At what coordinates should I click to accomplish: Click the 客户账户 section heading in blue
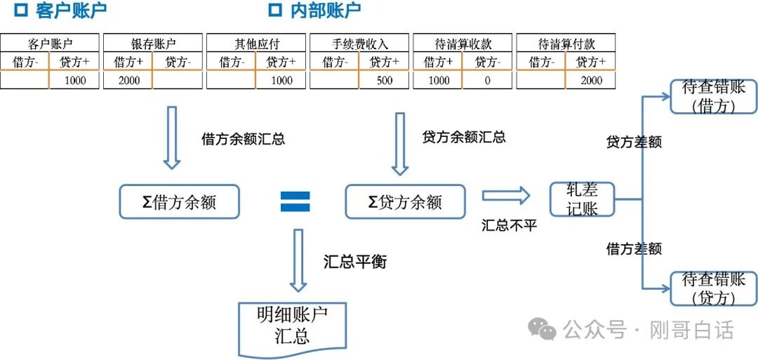pyautogui.click(x=70, y=11)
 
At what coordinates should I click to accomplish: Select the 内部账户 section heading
pyautogui.click(x=325, y=11)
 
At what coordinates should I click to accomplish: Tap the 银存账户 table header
pyautogui.click(x=153, y=44)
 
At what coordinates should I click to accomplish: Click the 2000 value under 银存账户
pyautogui.click(x=129, y=80)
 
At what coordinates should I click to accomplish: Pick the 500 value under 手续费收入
pyautogui.click(x=385, y=80)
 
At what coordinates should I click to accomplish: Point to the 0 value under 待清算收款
pyautogui.click(x=487, y=80)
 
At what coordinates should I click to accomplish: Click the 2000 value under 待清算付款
pyautogui.click(x=591, y=80)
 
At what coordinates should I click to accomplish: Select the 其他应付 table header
pyautogui.click(x=256, y=44)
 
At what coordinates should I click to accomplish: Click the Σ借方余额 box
pyautogui.click(x=180, y=202)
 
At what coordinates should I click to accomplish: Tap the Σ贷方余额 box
pyautogui.click(x=405, y=202)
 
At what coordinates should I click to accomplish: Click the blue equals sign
pyautogui.click(x=295, y=202)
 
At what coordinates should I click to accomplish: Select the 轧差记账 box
pyautogui.click(x=582, y=199)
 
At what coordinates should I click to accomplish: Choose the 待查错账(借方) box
pyautogui.click(x=713, y=97)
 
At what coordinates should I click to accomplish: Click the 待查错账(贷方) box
pyautogui.click(x=713, y=288)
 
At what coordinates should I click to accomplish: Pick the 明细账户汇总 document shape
pyautogui.click(x=293, y=326)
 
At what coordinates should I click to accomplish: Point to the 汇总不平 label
pyautogui.click(x=510, y=225)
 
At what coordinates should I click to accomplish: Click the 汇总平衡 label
pyautogui.click(x=355, y=262)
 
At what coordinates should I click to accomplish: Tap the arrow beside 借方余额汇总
pyautogui.click(x=172, y=138)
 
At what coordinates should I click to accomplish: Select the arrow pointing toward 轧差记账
pyautogui.click(x=505, y=196)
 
